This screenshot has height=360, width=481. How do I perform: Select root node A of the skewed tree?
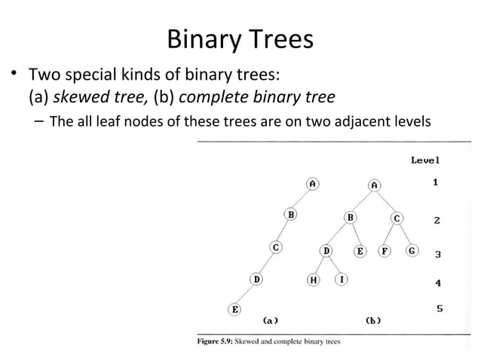click(311, 183)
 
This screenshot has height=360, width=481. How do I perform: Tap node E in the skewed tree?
click(235, 309)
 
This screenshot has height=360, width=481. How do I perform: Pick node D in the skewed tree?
click(256, 279)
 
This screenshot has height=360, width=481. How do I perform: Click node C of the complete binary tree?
click(397, 218)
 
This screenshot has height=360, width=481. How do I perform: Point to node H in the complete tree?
click(313, 280)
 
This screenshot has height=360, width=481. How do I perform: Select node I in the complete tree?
click(341, 279)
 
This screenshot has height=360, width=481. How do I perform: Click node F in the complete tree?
click(384, 251)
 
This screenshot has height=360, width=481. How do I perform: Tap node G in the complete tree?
click(412, 251)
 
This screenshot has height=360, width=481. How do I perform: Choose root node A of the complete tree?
click(374, 184)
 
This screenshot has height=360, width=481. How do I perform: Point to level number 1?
click(436, 182)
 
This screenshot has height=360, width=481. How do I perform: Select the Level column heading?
click(425, 160)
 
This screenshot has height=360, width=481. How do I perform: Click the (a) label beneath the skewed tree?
click(271, 320)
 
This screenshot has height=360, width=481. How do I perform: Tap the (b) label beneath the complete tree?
click(372, 320)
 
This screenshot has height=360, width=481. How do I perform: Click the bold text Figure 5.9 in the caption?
click(215, 341)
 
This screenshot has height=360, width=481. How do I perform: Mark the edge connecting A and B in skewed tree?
click(301, 199)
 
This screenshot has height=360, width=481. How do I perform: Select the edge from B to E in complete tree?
click(355, 234)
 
